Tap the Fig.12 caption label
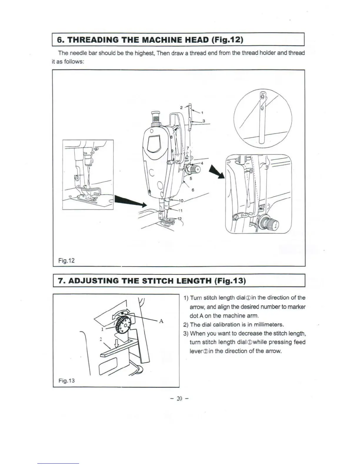coord(66,260)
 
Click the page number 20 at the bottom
coord(180,399)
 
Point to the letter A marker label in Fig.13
coord(161,321)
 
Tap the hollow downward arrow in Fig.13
coord(116,343)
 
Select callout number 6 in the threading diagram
coord(193,190)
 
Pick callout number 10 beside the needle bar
coord(181,201)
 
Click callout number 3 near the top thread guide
coord(204,121)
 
